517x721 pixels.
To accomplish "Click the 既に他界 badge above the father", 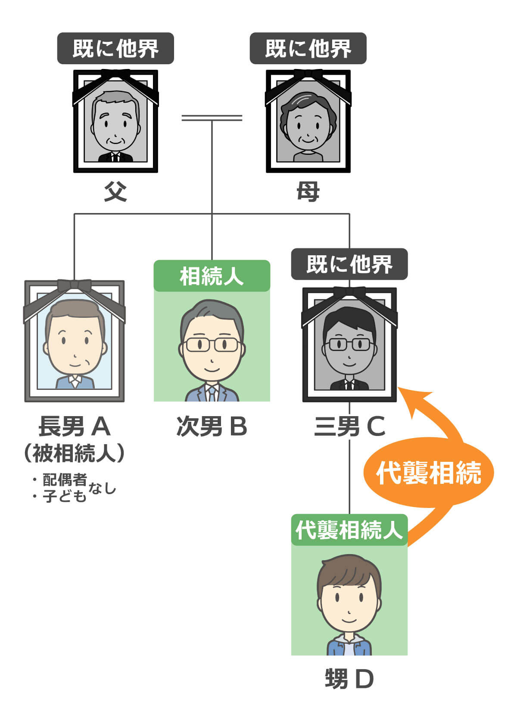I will pyautogui.click(x=115, y=48).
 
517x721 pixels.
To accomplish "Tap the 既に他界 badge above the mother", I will pyautogui.click(x=308, y=48).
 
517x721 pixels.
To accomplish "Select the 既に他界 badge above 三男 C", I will pyautogui.click(x=349, y=264).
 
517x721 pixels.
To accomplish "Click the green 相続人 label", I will pyautogui.click(x=212, y=276).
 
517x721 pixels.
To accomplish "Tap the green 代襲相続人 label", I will pyautogui.click(x=349, y=530).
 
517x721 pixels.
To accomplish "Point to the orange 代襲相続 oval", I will pyautogui.click(x=428, y=473).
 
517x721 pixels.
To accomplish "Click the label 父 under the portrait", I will pyautogui.click(x=115, y=192).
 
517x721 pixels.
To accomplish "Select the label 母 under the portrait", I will pyautogui.click(x=308, y=192).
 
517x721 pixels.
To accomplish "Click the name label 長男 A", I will pyautogui.click(x=75, y=426).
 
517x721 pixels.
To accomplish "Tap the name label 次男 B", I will pyautogui.click(x=212, y=426).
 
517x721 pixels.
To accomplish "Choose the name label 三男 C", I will pyautogui.click(x=349, y=426).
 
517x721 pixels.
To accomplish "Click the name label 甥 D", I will pyautogui.click(x=349, y=679).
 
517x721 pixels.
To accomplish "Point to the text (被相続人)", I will pyautogui.click(x=75, y=453).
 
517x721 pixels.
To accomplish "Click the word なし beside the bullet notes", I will pyautogui.click(x=102, y=489).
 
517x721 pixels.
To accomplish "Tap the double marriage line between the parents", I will pyautogui.click(x=212, y=117).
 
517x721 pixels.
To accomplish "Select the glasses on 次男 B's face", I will pyautogui.click(x=212, y=345).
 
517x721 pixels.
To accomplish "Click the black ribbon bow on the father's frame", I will pyautogui.click(x=115, y=74).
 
